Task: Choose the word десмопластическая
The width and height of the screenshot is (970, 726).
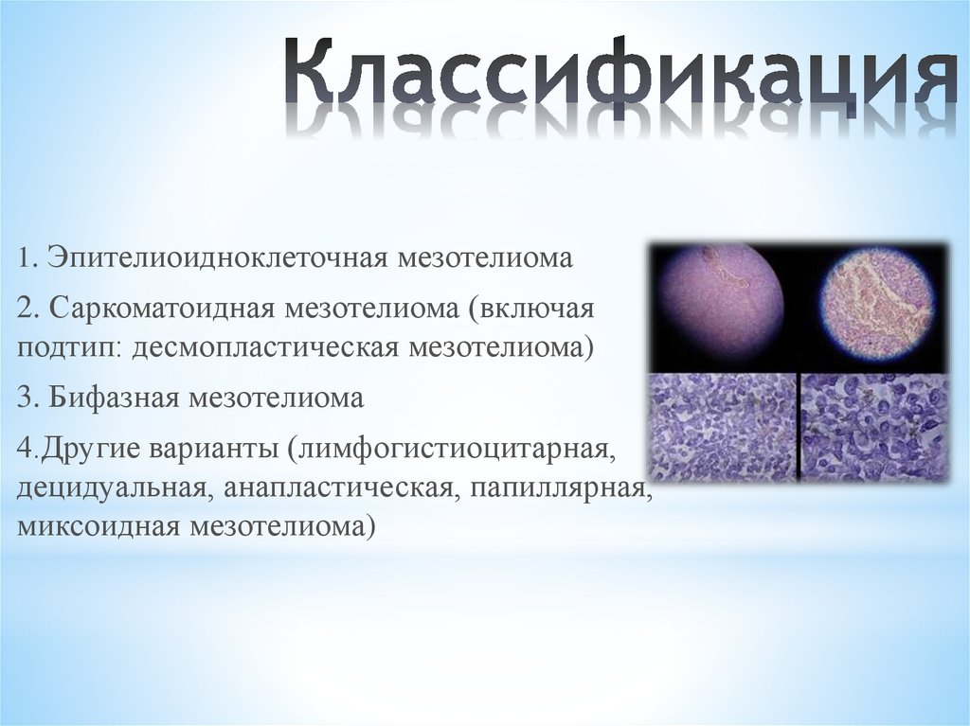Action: point(266,346)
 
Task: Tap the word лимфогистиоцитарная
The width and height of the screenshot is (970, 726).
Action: point(455,450)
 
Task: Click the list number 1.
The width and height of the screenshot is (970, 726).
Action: point(23,258)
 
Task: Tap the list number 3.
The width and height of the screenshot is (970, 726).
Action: point(24,398)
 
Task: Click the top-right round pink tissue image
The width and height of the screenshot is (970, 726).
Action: point(875,303)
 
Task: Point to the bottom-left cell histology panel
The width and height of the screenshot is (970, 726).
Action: point(723,426)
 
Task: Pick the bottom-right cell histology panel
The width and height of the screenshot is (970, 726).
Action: point(872,426)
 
